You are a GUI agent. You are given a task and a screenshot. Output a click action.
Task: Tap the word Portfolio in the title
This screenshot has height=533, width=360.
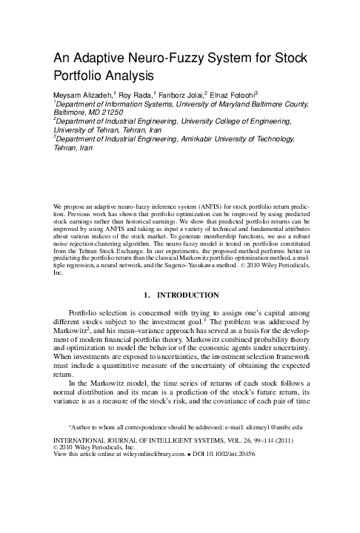coord(80,76)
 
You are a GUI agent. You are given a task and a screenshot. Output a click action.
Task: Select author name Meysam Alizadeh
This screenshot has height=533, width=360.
coord(81,95)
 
